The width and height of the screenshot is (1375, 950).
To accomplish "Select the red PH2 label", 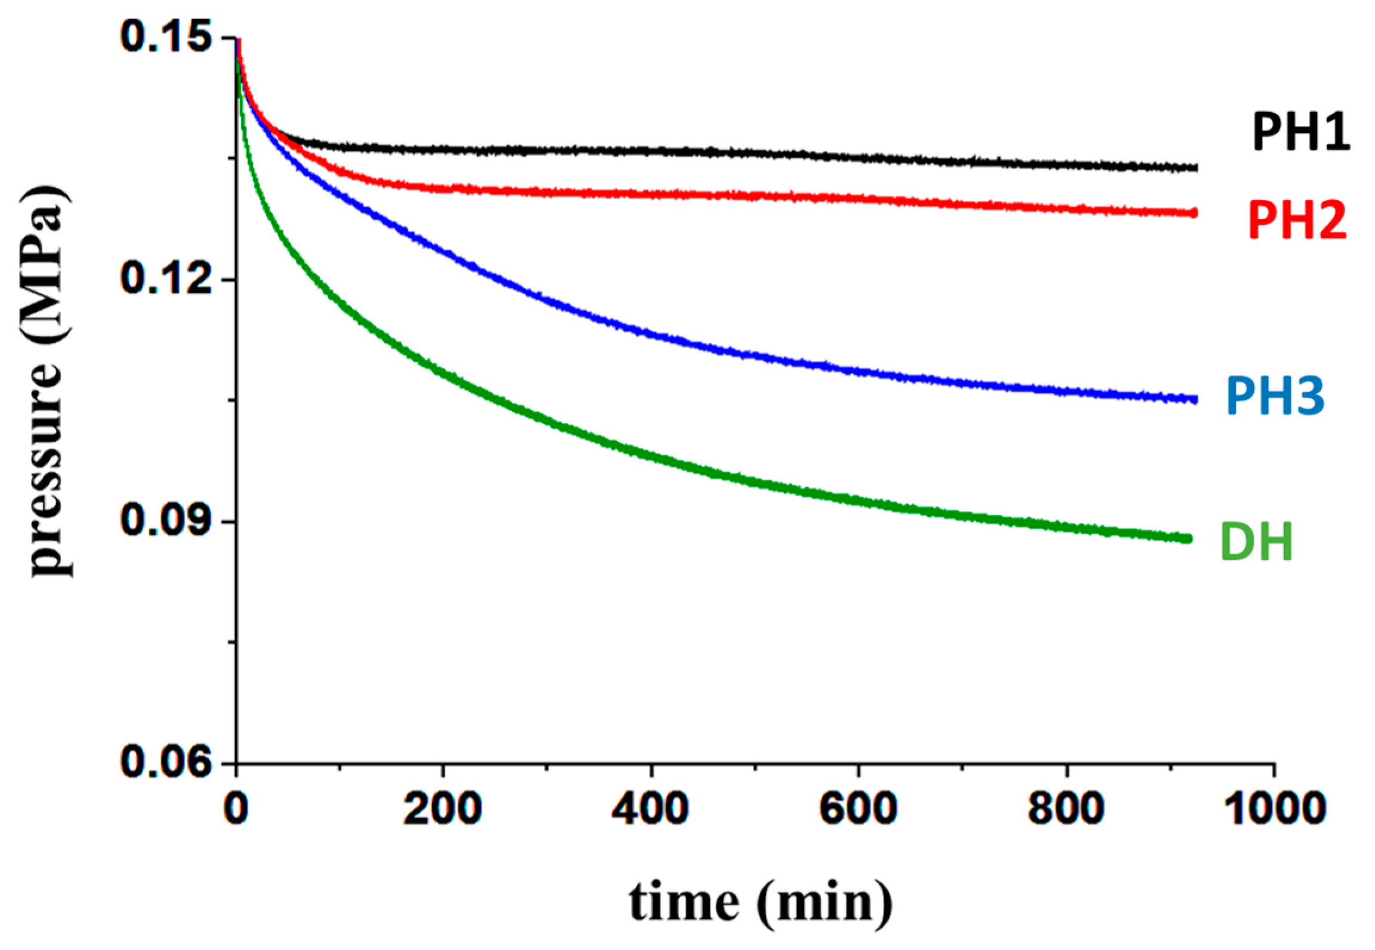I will coord(1297,221).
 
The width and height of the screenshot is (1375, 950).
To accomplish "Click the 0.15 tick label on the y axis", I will coord(166,37).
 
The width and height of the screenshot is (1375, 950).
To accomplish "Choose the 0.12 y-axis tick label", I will coord(166,278).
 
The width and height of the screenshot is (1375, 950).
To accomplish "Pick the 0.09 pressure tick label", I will coord(166,521).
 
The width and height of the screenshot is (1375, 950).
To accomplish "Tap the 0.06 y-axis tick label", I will coord(166,762).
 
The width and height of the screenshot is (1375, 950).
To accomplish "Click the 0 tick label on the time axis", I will coord(237,810).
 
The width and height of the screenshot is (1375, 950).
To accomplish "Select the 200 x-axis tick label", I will coord(443,810).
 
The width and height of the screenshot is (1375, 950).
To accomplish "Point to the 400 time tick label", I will coord(650,810).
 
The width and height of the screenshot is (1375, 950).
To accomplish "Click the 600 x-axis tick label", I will coord(858,810).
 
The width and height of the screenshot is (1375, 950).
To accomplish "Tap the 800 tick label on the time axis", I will coord(1065,810).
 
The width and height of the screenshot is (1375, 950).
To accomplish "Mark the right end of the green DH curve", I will coord(1188,539).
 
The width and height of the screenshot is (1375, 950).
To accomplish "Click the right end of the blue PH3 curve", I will coord(1194,400).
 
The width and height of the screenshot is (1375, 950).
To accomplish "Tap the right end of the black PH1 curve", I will coord(1194,168).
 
